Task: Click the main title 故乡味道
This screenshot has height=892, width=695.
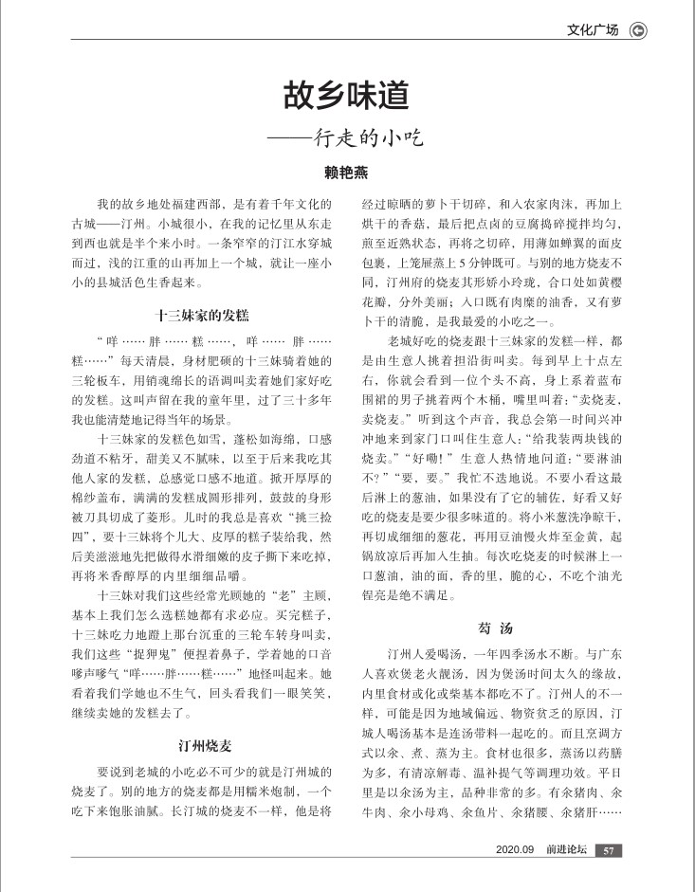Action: [346, 95]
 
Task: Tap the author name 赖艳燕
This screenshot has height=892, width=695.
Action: [347, 173]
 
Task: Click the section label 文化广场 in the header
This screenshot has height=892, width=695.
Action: [593, 30]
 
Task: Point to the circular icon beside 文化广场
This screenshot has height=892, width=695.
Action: [638, 30]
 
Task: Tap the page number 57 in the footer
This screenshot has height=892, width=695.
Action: [610, 850]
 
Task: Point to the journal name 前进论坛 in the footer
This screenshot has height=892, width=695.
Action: [566, 850]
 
